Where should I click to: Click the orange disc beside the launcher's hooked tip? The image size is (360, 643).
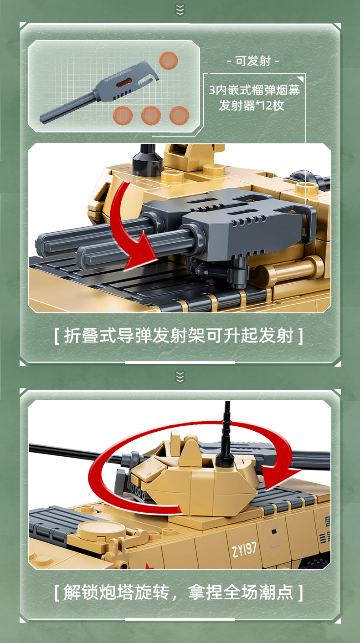169,60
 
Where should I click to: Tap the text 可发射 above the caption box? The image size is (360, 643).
253,61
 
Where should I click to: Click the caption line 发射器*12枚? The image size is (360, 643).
252,105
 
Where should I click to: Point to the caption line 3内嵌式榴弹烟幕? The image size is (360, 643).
254,90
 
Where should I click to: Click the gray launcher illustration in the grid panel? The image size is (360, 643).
99,91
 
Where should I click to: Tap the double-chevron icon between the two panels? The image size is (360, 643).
180,377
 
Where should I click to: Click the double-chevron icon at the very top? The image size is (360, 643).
180,10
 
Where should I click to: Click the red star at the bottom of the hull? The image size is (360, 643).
149,566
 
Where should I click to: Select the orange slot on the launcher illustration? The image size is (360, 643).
124,82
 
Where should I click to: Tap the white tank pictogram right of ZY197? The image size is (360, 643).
274,536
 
